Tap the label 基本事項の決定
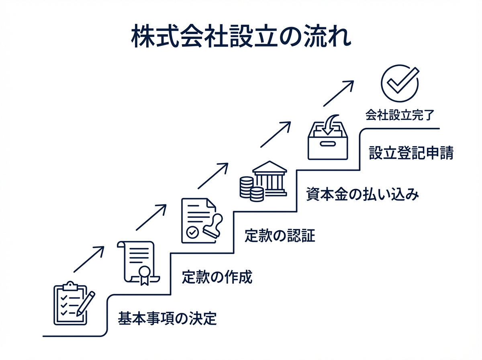[x=167, y=318]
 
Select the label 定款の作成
[x=217, y=277]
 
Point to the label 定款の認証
[x=280, y=235]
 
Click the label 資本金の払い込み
[x=363, y=194]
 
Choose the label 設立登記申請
[x=411, y=153]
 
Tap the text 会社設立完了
[x=400, y=115]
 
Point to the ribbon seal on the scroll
[x=144, y=275]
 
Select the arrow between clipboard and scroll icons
[x=89, y=260]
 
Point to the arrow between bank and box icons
[x=275, y=134]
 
